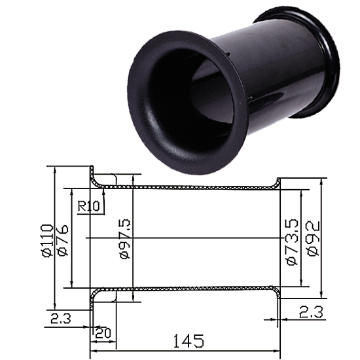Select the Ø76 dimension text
pyautogui.click(x=63, y=240)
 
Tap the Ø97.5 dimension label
pyautogui.click(x=126, y=239)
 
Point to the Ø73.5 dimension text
pyautogui.click(x=293, y=242)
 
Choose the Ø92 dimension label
pyautogui.click(x=313, y=238)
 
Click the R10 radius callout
pyautogui.click(x=88, y=206)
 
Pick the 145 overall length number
pyautogui.click(x=189, y=341)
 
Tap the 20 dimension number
pyautogui.click(x=103, y=333)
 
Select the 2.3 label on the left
pyautogui.click(x=61, y=319)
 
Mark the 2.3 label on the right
pyautogui.click(x=311, y=312)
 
